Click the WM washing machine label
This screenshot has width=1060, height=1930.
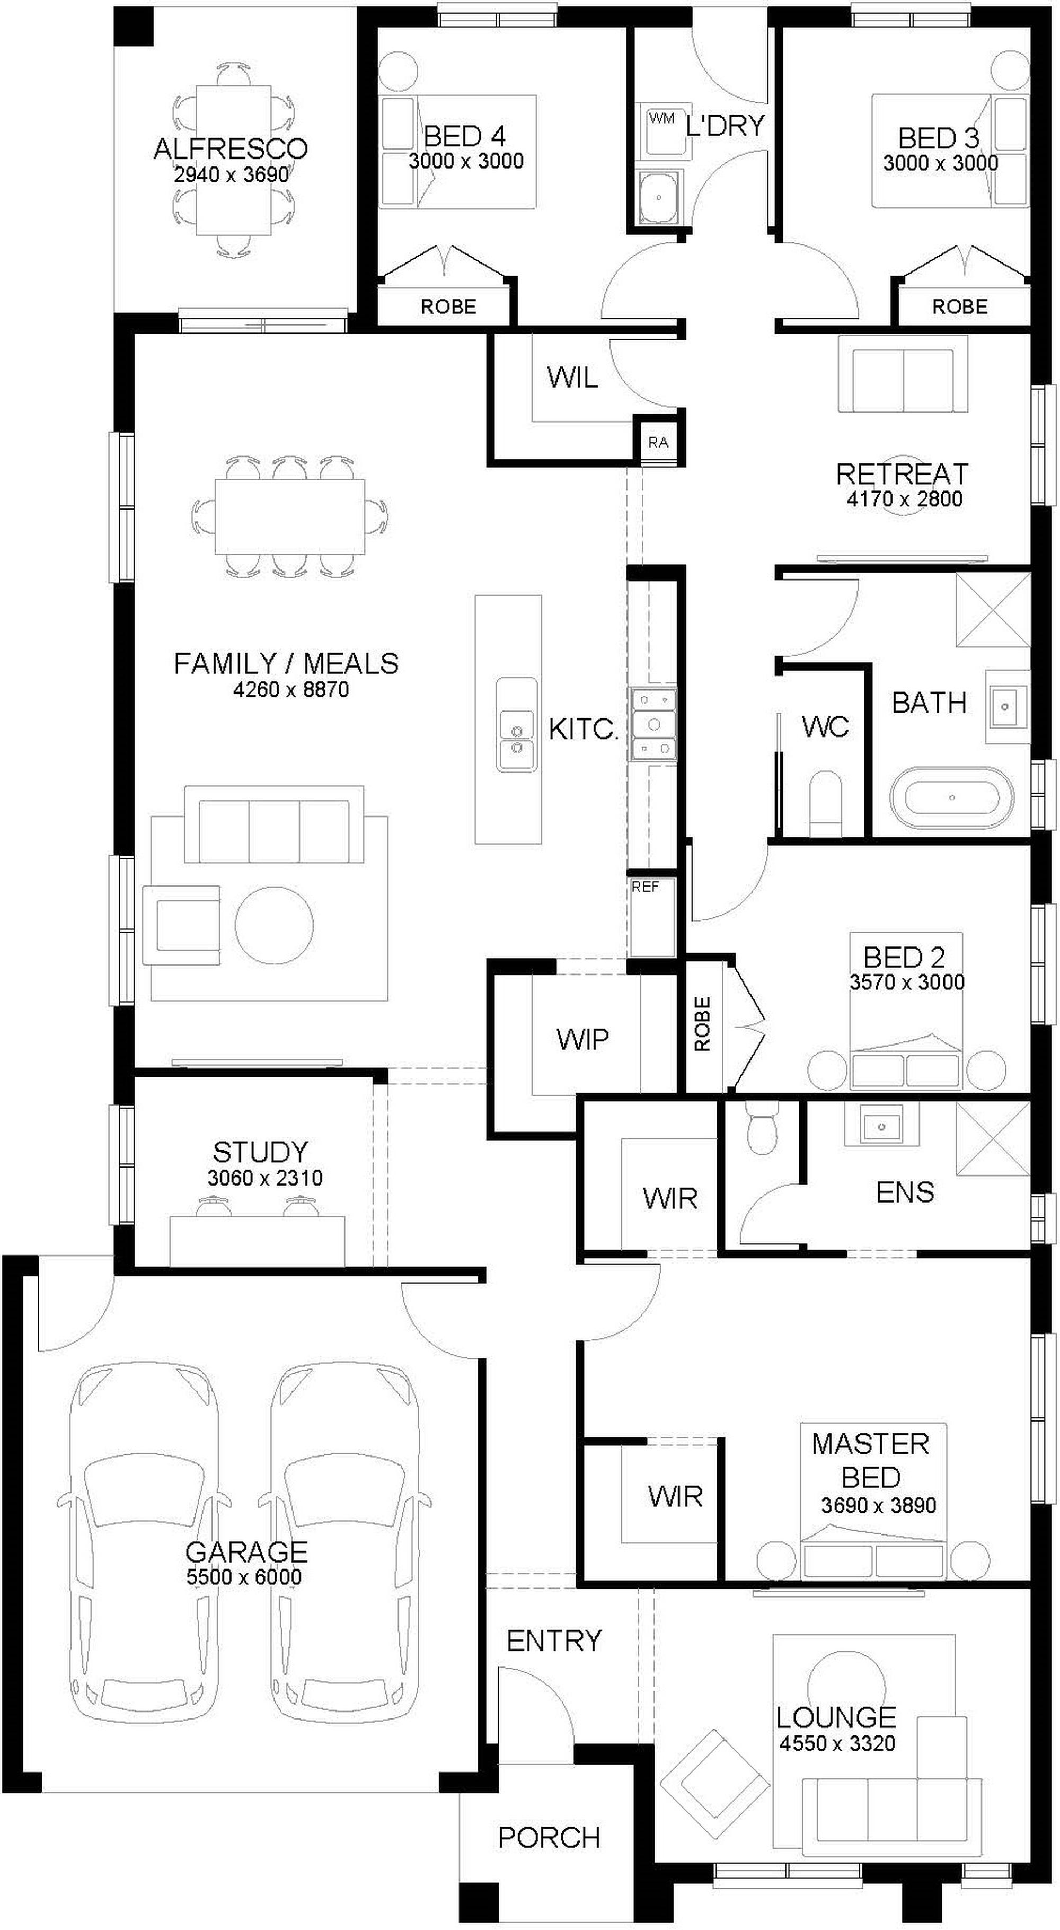tap(661, 118)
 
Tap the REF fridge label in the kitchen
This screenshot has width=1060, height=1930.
tap(645, 887)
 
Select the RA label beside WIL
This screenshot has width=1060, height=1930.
tap(658, 442)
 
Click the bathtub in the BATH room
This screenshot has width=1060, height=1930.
tap(951, 797)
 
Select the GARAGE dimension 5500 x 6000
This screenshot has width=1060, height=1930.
tap(244, 1577)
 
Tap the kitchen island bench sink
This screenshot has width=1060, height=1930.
tap(516, 726)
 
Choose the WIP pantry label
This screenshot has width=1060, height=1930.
tap(583, 1039)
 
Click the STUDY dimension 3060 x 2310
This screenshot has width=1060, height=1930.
tap(265, 1178)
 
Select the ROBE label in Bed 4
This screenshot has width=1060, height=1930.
tap(448, 306)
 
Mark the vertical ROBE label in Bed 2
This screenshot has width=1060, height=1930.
tap(702, 1024)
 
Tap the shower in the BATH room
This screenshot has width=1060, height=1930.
tap(993, 610)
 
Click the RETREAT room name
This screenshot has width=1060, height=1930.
tap(902, 473)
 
